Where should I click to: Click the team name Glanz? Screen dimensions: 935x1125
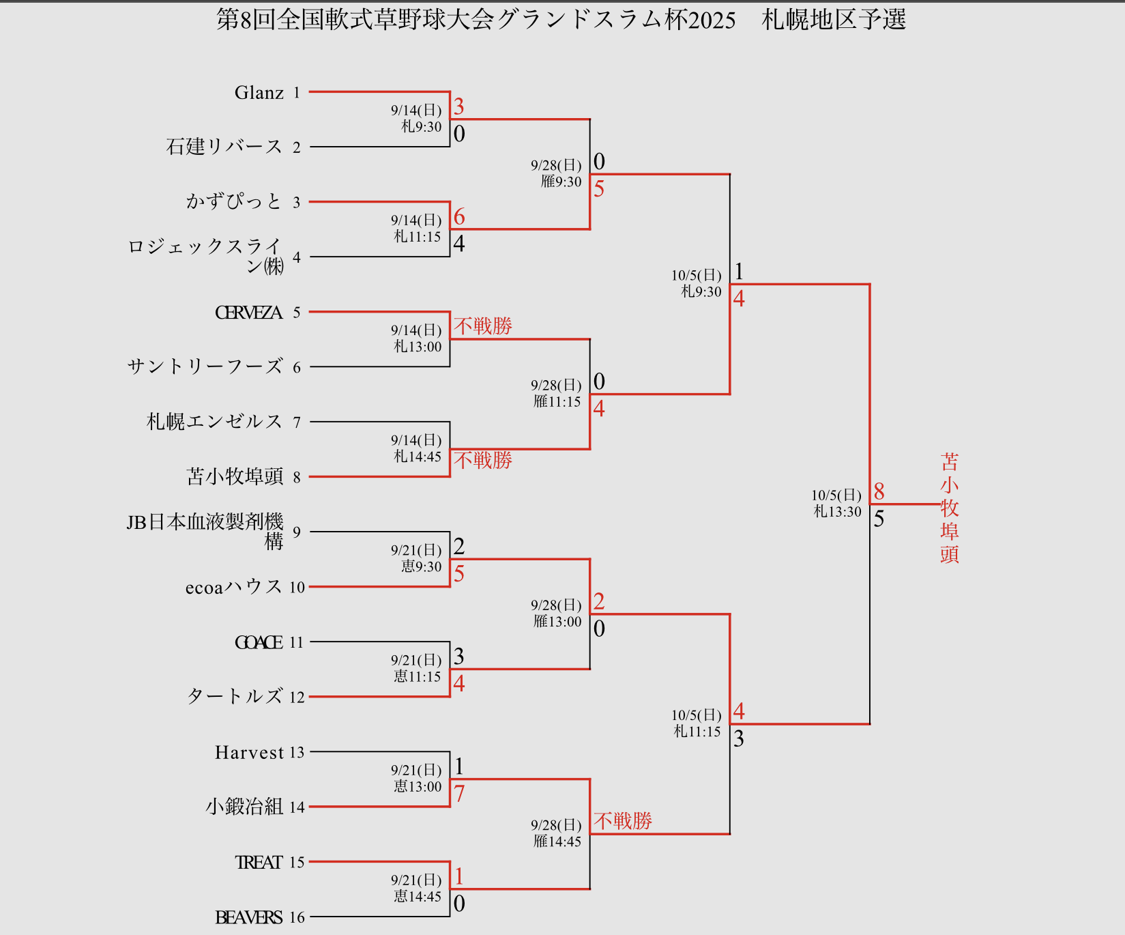pos(259,93)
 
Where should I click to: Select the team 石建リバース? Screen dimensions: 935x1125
pos(224,147)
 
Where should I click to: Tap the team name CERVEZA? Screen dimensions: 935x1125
pos(248,313)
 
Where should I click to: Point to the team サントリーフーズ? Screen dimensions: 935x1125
pos(205,366)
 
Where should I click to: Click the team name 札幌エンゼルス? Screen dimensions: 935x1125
pos(214,422)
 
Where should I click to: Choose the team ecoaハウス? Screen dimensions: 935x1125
pos(233,587)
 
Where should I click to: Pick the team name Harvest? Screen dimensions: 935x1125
pos(249,752)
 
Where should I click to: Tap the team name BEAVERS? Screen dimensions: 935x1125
pos(248,917)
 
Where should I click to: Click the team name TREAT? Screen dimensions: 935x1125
pos(259,863)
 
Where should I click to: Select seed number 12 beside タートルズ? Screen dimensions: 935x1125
pos(297,697)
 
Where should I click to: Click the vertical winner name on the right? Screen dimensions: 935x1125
pos(949,508)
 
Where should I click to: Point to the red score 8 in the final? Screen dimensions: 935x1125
pos(879,491)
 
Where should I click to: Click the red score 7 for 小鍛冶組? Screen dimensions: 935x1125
pos(459,794)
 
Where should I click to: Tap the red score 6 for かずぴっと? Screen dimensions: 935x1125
pos(459,217)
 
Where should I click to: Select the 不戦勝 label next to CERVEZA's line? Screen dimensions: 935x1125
pos(483,326)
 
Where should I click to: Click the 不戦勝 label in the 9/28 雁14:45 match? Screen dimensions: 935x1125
pos(622,820)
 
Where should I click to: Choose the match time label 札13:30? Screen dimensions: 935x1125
pos(837,512)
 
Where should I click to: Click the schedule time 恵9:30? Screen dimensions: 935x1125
pos(421,566)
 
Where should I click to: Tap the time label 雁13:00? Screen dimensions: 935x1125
pos(557,622)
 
